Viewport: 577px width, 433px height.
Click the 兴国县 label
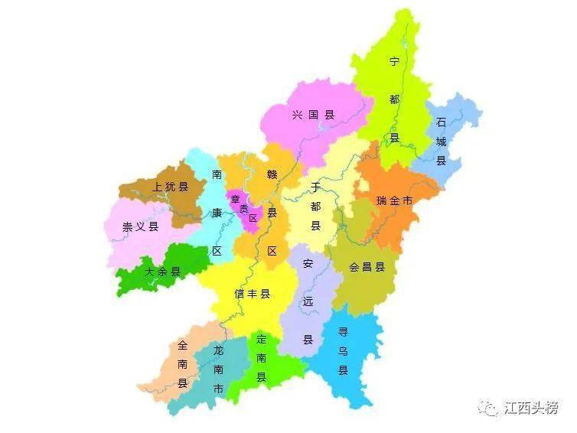point(314,116)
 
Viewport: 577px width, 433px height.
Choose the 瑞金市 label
point(394,200)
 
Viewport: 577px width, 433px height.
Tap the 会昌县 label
point(367,267)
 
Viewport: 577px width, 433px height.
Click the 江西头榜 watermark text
point(532,408)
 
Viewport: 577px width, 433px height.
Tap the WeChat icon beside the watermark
point(487,408)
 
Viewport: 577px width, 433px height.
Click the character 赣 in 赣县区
point(272,174)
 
